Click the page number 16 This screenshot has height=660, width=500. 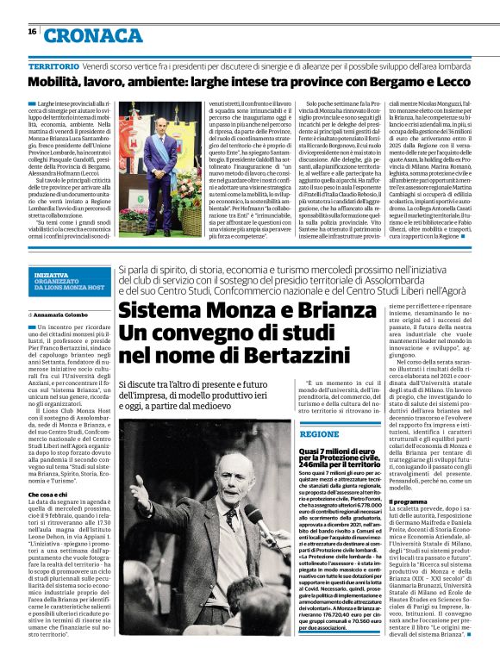[x=32, y=31]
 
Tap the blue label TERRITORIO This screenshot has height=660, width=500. [x=53, y=66]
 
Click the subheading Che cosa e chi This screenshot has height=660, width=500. [x=49, y=495]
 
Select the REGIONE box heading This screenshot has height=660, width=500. [x=318, y=434]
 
